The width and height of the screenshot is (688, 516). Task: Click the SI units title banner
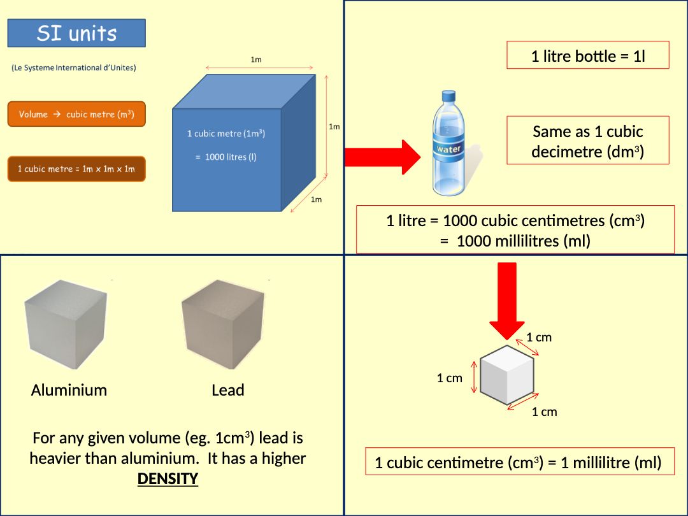(76, 33)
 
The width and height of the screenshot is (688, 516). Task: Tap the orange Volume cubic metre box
(76, 114)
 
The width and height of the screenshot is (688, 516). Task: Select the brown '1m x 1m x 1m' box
(76, 169)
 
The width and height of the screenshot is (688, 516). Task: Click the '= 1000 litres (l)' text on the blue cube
(226, 157)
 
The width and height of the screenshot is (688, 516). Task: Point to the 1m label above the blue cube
(256, 59)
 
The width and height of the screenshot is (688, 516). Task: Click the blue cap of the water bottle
(448, 97)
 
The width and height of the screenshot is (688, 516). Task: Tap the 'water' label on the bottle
(448, 149)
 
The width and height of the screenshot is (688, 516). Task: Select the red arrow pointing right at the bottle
(382, 157)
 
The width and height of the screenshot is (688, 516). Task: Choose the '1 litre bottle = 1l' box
(587, 56)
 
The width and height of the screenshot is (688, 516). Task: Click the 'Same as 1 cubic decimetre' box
(587, 141)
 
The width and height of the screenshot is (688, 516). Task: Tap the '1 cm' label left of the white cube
(449, 378)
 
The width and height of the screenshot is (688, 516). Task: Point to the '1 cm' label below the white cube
(544, 412)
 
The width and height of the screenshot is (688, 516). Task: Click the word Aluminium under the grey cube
(69, 390)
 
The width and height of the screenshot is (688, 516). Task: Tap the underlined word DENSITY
(168, 479)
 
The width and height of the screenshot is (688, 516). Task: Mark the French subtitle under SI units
(74, 68)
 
